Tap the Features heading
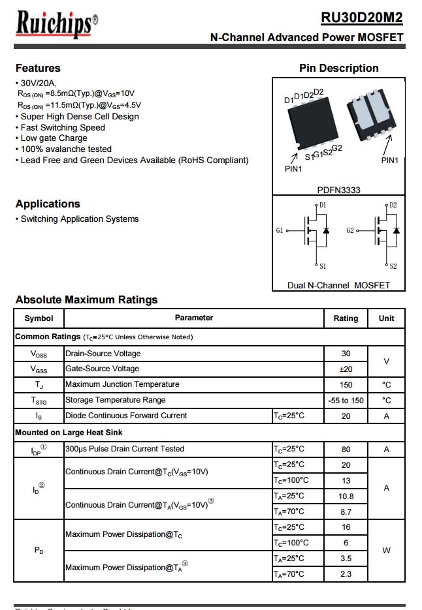click(x=38, y=68)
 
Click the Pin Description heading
click(x=338, y=68)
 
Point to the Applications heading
click(x=48, y=204)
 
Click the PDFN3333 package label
click(x=338, y=190)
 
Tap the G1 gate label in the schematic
click(x=280, y=231)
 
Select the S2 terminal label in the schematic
click(x=393, y=266)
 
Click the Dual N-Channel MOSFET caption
click(x=338, y=285)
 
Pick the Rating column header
click(x=346, y=318)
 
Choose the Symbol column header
click(x=39, y=318)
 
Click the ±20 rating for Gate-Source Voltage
click(x=346, y=369)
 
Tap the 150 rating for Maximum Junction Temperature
click(x=346, y=385)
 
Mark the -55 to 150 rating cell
click(x=346, y=401)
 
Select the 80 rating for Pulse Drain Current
click(x=346, y=449)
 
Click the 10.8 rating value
click(x=346, y=496)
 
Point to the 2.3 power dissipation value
click(x=346, y=574)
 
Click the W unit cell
click(x=386, y=551)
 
